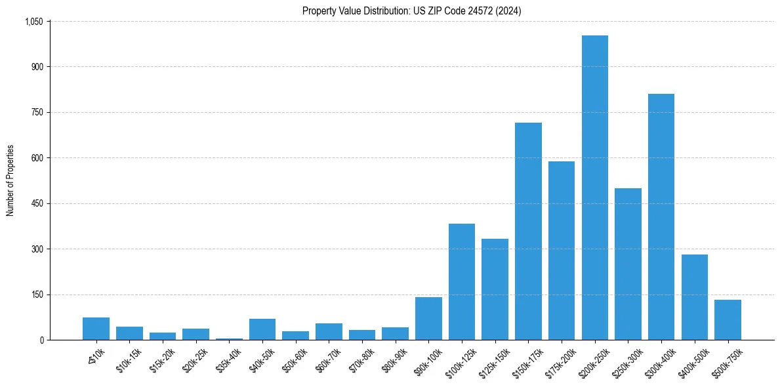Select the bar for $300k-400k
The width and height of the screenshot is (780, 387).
(661, 216)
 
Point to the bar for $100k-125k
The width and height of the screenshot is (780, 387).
(462, 281)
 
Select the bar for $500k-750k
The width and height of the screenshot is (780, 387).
(728, 319)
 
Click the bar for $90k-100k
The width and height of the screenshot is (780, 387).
(428, 318)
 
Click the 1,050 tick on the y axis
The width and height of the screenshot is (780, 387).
(33, 22)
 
